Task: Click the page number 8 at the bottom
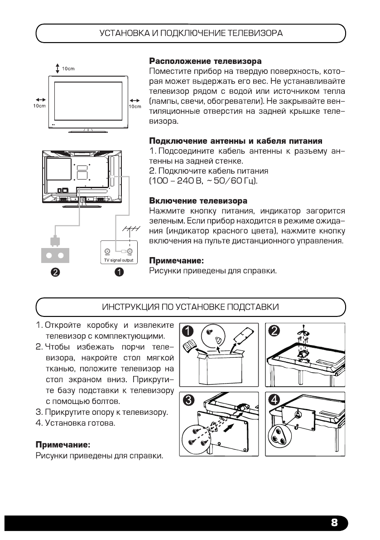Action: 334,523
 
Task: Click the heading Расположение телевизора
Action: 205,61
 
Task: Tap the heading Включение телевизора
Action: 198,200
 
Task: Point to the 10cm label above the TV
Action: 68,68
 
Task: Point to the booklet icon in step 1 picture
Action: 190,348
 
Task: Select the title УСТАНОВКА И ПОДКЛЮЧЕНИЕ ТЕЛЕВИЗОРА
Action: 191,33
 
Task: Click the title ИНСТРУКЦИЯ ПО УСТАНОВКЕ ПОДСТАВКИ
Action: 191,307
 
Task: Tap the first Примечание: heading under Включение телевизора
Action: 177,261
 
